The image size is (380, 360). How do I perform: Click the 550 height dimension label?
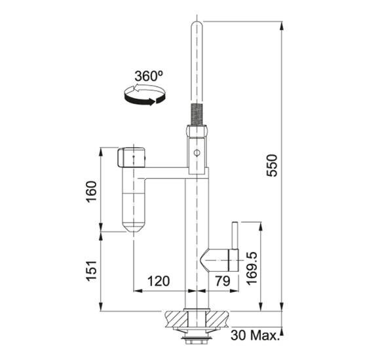click(271, 166)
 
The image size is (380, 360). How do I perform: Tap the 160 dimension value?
click(92, 192)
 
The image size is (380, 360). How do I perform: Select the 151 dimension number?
click(92, 271)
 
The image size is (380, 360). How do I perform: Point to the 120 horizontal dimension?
click(159, 281)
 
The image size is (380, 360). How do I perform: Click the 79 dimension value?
click(223, 281)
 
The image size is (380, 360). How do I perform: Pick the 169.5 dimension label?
click(252, 268)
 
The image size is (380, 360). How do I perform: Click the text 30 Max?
click(254, 336)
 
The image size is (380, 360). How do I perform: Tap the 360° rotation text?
click(149, 76)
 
